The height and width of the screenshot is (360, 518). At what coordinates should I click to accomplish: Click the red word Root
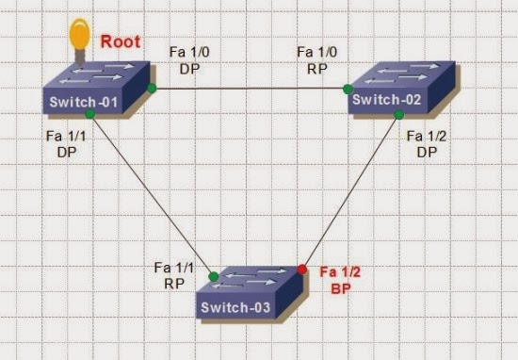121,41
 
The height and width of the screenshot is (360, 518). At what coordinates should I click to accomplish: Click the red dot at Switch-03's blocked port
302,269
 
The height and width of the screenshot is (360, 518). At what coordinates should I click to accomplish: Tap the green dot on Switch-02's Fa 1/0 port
348,90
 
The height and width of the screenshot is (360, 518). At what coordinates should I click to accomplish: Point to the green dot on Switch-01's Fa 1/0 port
151,89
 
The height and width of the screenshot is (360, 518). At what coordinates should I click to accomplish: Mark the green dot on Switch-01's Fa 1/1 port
89,114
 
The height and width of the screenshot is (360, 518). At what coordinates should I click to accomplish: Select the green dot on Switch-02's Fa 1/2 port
398,114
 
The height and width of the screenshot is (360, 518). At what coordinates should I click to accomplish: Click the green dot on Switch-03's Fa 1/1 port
214,277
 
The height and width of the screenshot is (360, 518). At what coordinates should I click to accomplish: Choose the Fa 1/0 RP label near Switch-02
313,59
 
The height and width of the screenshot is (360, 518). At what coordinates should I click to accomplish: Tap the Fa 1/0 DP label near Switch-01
186,59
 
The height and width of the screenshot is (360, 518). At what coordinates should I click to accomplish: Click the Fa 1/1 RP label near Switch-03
170,274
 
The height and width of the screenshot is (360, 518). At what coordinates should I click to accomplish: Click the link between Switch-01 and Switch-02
250,90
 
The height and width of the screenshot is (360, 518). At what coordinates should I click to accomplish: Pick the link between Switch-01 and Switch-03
151,194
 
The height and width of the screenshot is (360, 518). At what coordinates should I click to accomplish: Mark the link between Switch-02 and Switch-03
350,191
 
